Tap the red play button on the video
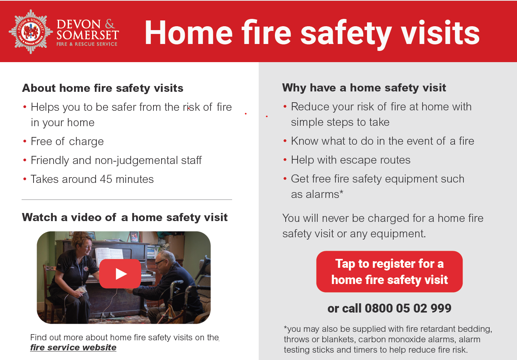click(x=120, y=274)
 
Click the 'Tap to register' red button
click(x=389, y=272)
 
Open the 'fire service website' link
click(x=73, y=348)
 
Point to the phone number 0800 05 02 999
click(x=408, y=308)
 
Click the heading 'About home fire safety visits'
click(x=103, y=88)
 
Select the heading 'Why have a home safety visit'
click(x=364, y=88)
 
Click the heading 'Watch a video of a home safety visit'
click(x=125, y=218)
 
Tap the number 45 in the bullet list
click(x=106, y=179)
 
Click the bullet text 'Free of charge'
click(x=67, y=141)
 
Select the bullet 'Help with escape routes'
click(x=350, y=160)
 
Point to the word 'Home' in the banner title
click(x=189, y=32)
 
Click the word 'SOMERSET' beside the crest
click(x=88, y=35)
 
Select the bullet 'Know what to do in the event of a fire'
click(x=382, y=141)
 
